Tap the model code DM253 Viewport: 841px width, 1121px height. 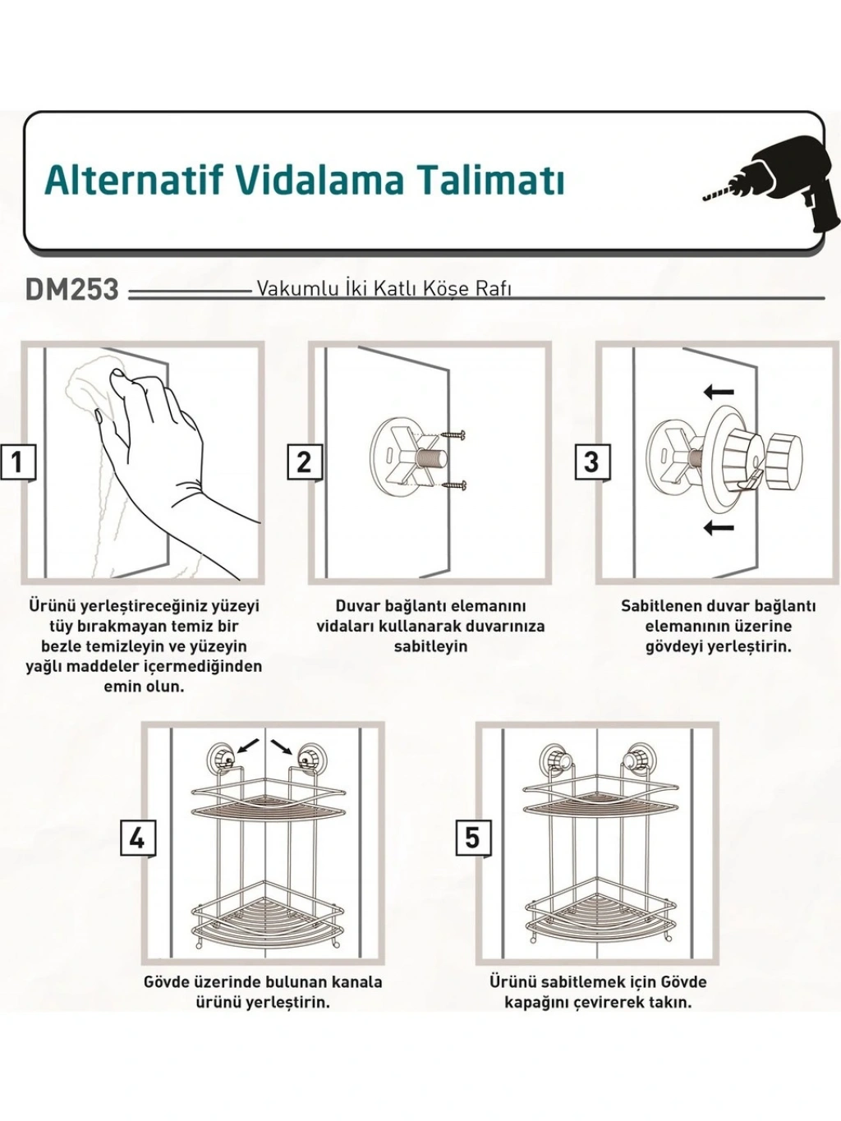coord(71,290)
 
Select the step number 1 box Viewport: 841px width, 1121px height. coord(18,462)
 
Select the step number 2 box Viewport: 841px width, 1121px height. coord(305,462)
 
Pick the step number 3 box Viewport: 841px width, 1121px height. coord(591,462)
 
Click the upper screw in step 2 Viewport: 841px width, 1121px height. coord(456,435)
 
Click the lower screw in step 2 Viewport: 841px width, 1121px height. coord(456,485)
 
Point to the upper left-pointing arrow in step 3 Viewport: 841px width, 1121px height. coord(719,393)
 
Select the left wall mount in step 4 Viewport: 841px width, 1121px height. coord(222,758)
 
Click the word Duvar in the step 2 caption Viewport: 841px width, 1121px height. coord(357,606)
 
